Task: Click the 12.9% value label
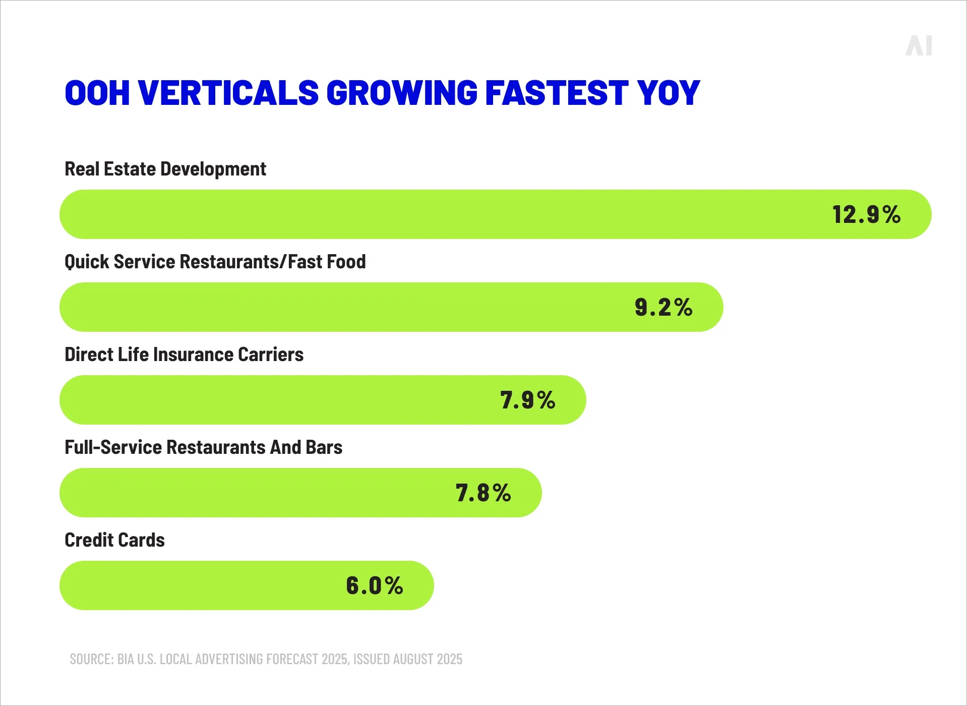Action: (866, 215)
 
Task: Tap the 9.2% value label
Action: (663, 308)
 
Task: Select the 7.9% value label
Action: (527, 400)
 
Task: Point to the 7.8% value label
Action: (483, 493)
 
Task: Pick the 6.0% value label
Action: (374, 586)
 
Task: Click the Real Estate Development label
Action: (165, 169)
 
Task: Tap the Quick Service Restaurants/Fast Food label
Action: (215, 262)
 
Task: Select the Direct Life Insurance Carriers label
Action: (184, 355)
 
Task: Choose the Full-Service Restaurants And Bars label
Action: (203, 447)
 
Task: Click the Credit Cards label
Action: (114, 540)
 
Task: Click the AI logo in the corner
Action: (919, 46)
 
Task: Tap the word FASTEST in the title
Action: (557, 93)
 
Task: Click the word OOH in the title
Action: (97, 93)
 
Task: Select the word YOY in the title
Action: (669, 93)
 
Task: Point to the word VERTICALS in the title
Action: (228, 93)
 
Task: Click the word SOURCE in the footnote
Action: (91, 659)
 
